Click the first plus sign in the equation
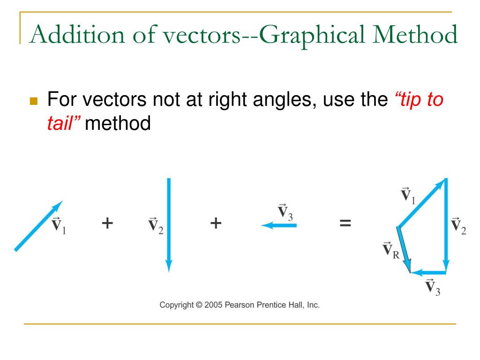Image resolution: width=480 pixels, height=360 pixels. [x=107, y=223]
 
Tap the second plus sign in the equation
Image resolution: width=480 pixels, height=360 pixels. [x=215, y=223]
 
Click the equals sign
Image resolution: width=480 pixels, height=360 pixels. [x=345, y=223]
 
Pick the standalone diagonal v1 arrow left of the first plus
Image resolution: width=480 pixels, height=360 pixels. [x=38, y=226]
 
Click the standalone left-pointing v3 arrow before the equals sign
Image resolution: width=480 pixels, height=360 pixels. [x=279, y=225]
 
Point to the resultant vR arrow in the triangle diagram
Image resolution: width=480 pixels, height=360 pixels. [x=404, y=249]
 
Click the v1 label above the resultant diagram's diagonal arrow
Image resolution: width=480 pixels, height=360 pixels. [x=407, y=195]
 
